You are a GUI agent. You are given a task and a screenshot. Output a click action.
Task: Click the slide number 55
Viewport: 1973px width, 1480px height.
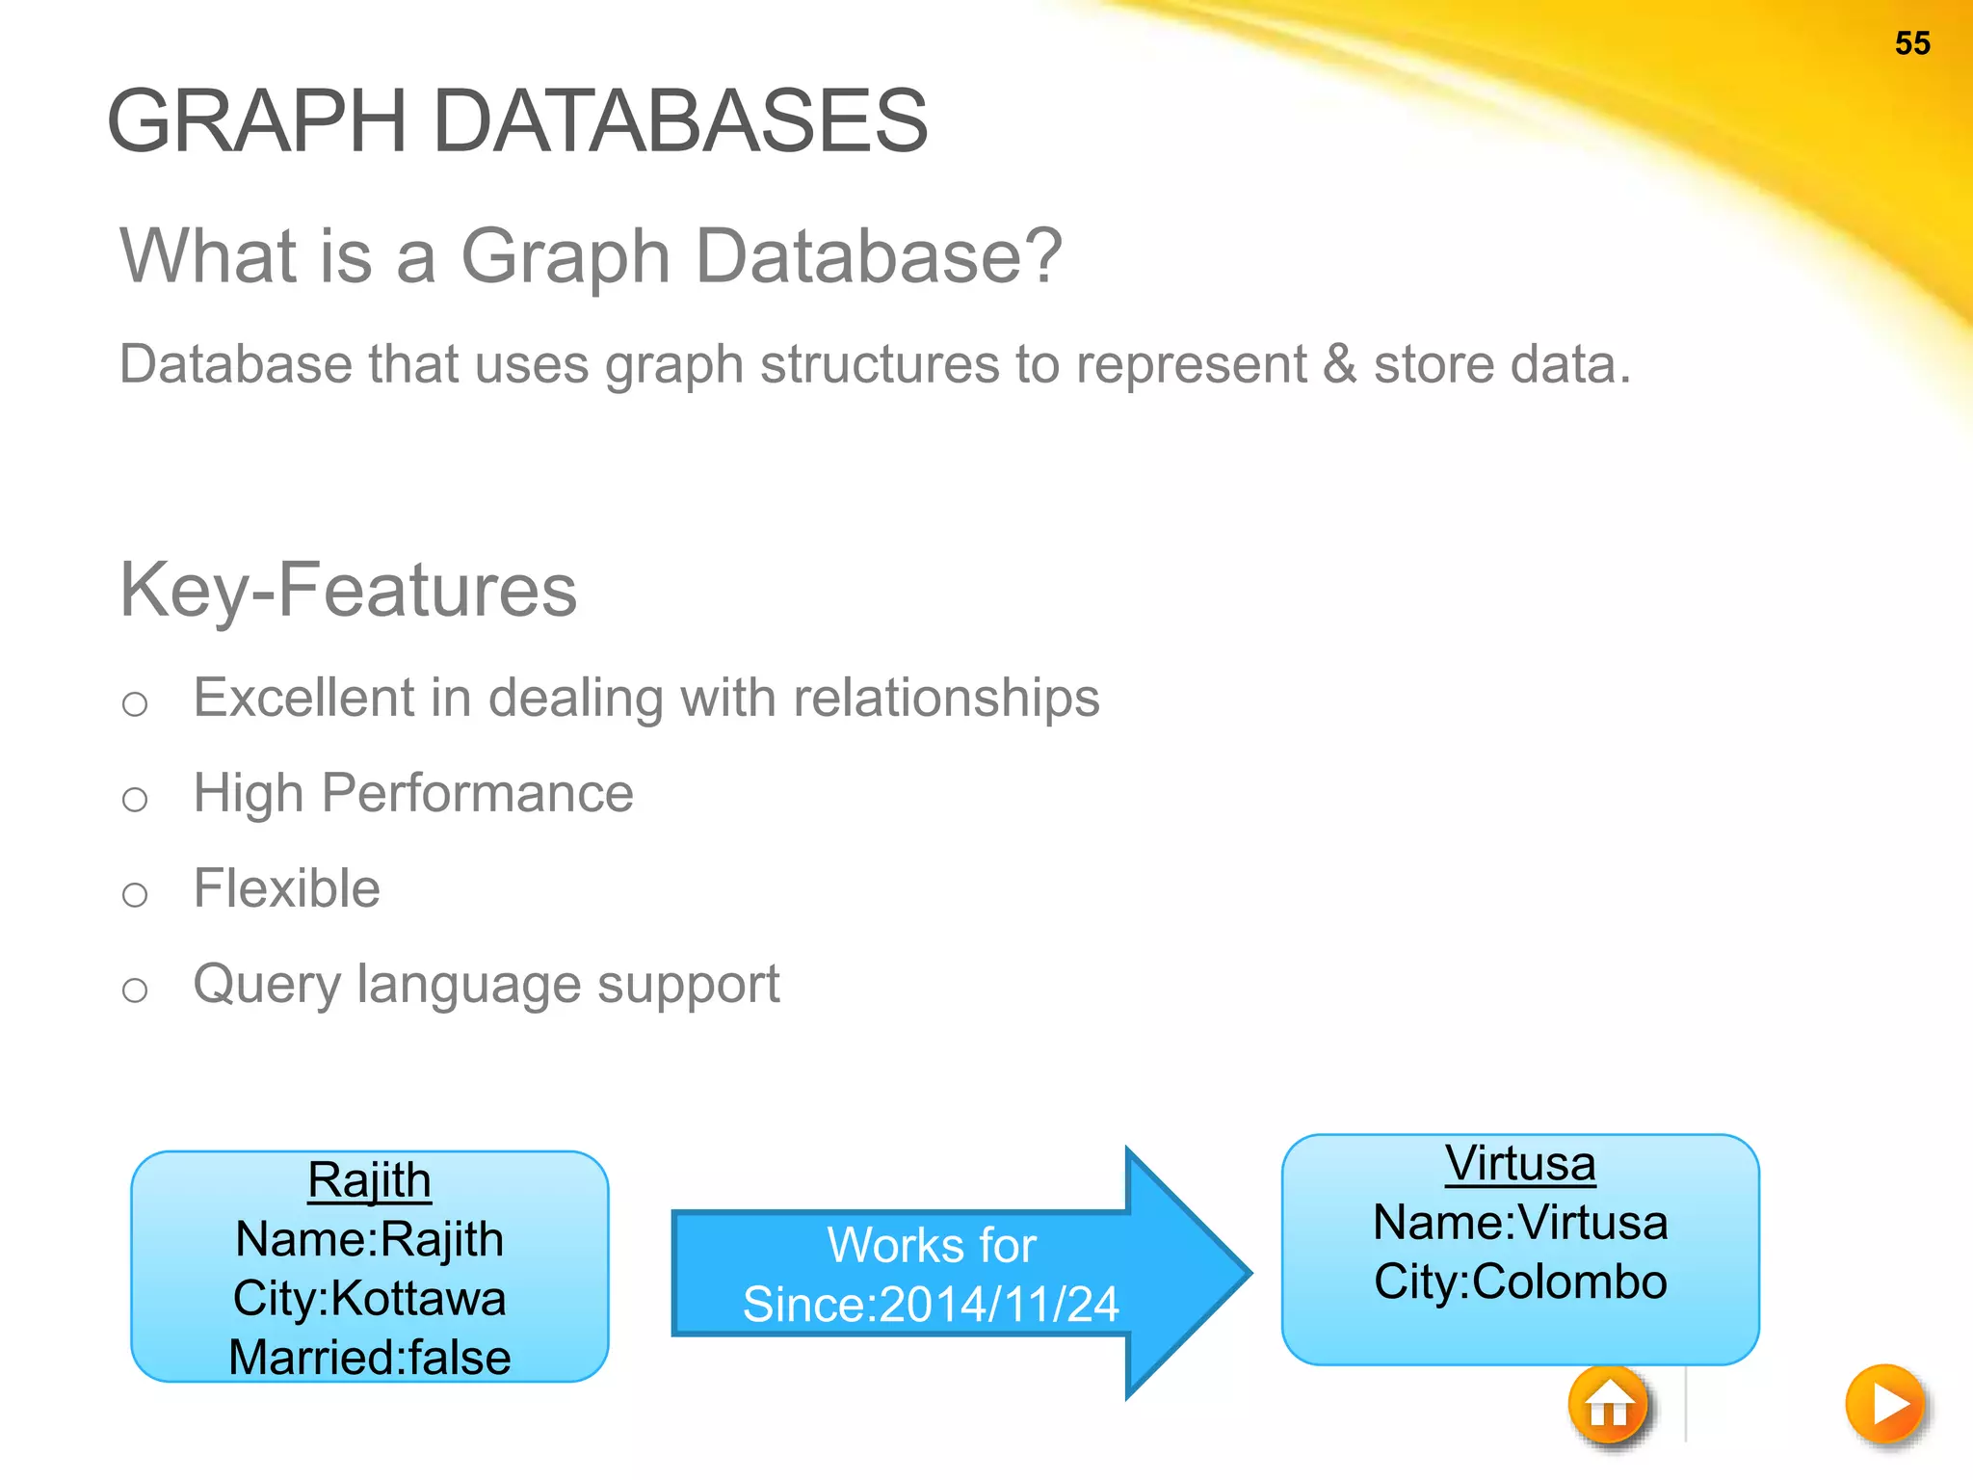tap(1911, 43)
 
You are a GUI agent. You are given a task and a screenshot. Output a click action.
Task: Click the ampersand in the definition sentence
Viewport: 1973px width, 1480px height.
tap(1339, 364)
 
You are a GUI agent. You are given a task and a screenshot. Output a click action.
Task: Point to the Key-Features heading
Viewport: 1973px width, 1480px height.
tap(348, 590)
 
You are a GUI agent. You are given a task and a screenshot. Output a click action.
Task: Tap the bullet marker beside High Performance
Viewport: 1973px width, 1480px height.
tap(135, 799)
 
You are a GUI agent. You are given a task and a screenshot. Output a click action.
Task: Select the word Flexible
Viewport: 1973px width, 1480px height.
tap(286, 888)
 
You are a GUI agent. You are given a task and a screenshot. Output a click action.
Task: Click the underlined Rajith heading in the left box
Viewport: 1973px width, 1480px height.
tap(369, 1180)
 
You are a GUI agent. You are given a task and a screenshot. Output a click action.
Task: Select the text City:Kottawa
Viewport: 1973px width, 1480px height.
tap(369, 1299)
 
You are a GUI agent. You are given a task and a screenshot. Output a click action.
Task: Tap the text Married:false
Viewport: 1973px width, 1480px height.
tap(369, 1358)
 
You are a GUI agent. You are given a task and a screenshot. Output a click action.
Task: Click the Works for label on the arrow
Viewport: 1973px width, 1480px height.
tap(931, 1245)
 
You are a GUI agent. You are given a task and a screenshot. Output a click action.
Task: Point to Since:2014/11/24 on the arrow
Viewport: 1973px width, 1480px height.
tap(931, 1305)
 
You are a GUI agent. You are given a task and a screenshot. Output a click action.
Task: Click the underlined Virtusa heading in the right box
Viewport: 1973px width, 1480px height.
tap(1520, 1163)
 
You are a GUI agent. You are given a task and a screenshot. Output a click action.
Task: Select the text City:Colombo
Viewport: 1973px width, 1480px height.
tap(1520, 1282)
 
